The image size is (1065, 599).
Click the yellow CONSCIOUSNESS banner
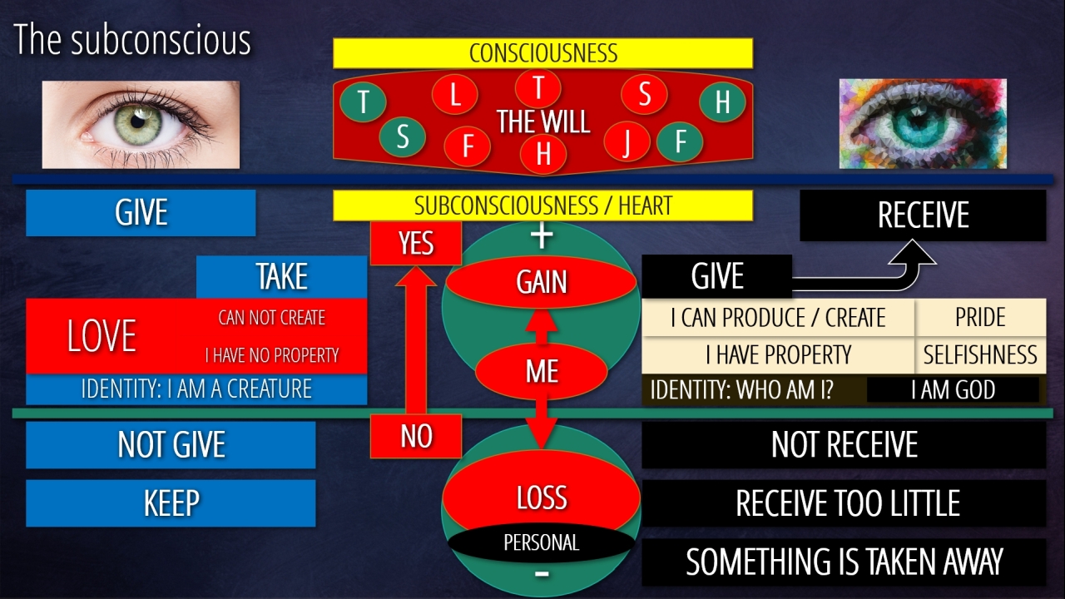542,52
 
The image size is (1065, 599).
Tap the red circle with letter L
454,95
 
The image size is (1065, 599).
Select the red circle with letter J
627,141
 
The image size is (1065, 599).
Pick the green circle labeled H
722,101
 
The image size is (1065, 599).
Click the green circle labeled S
402,137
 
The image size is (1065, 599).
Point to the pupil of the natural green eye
138,121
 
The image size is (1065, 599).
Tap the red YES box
415,243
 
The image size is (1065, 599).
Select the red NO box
415,436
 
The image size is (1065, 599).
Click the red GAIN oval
541,281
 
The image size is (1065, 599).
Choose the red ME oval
541,371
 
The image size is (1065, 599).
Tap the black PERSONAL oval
541,542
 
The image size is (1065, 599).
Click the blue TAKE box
281,277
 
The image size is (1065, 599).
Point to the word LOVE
102,335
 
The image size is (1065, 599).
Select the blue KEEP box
171,503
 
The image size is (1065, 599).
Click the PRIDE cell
980,317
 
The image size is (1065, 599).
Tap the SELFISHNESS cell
980,354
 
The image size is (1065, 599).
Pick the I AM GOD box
953,390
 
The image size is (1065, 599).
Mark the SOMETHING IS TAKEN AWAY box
844,562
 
